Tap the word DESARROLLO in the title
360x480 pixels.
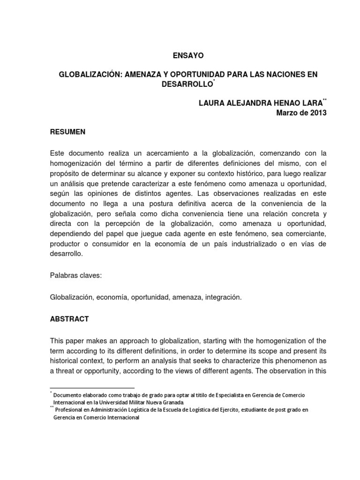coord(185,85)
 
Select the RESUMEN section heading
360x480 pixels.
coord(67,132)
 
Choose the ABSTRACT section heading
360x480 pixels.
coord(69,319)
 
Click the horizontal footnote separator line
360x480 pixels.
coord(92,388)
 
